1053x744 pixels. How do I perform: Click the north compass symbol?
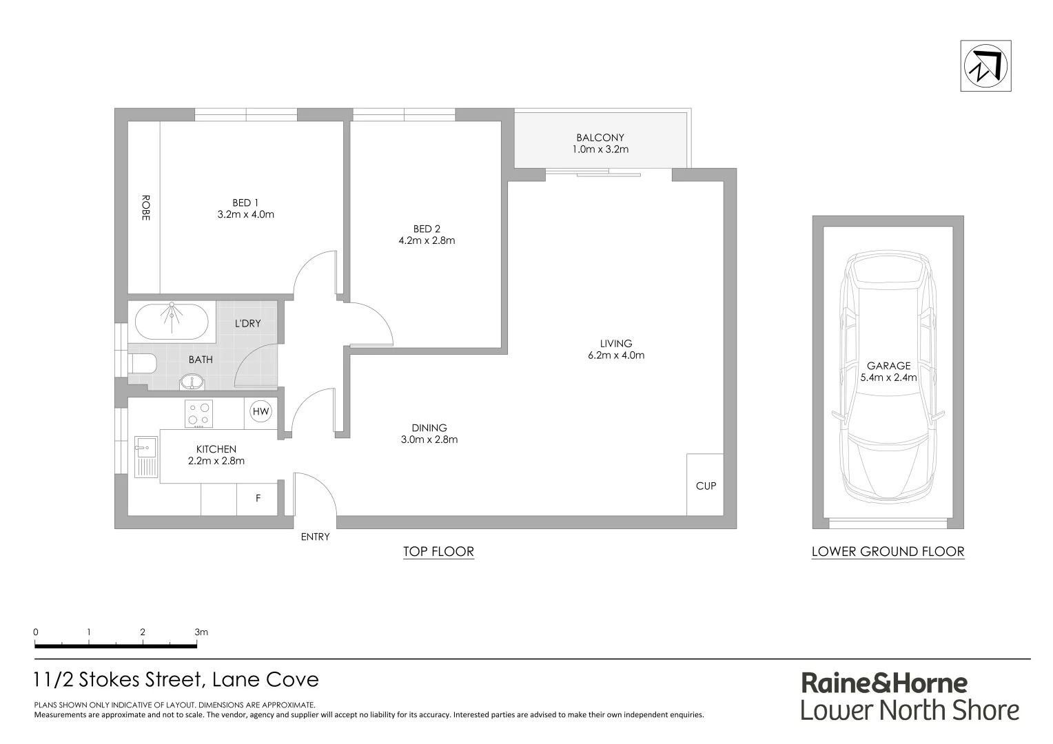point(985,66)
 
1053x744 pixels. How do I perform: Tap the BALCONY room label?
point(600,138)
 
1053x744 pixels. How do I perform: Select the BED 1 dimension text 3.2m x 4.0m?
point(245,214)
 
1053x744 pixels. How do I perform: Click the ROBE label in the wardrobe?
point(145,207)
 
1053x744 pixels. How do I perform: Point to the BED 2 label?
point(427,229)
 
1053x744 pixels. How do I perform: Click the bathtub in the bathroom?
point(172,321)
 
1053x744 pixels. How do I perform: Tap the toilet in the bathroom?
point(143,363)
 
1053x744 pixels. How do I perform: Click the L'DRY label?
point(247,323)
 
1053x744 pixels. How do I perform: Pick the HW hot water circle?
point(260,412)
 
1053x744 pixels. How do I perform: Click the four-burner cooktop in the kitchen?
point(198,413)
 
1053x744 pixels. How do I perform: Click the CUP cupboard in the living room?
point(705,485)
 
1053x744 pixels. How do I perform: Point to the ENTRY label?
point(315,537)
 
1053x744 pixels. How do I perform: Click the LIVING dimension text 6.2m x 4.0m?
point(615,355)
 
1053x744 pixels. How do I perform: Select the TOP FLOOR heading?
point(438,551)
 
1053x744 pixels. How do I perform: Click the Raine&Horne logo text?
point(883,683)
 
